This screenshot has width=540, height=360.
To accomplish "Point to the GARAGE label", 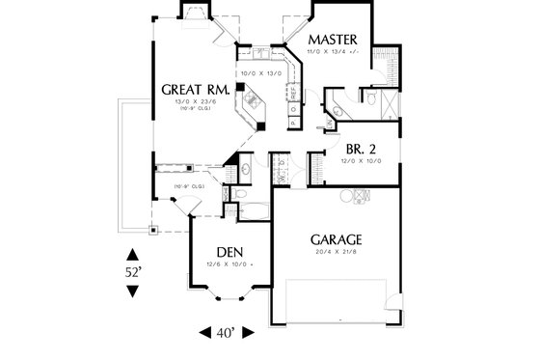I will pyautogui.click(x=336, y=238).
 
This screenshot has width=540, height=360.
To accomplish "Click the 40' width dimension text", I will pyautogui.click(x=226, y=334).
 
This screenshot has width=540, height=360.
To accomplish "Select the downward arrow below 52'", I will pyautogui.click(x=133, y=291).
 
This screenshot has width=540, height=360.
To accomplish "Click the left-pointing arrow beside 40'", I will pyautogui.click(x=203, y=334).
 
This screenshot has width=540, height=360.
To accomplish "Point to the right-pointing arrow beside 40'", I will pyautogui.click(x=249, y=334).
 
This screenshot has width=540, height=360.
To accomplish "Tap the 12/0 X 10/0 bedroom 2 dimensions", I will pyautogui.click(x=361, y=162).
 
